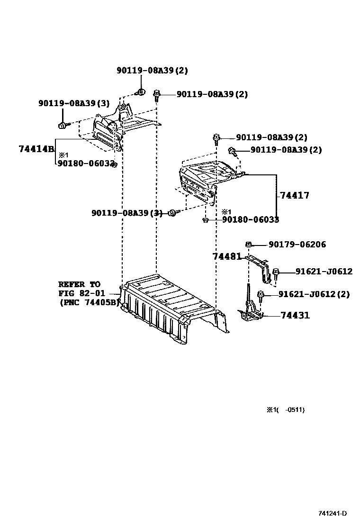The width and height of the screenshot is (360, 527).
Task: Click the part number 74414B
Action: pyautogui.click(x=36, y=148)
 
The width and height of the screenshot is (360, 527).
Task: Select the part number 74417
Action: pyautogui.click(x=294, y=195)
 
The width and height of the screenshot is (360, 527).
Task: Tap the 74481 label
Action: pyautogui.click(x=227, y=256)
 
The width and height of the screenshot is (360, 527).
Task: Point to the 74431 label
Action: pyautogui.click(x=295, y=315)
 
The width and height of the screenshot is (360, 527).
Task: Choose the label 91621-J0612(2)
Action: pyautogui.click(x=314, y=294)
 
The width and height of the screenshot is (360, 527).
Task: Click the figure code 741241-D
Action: pyautogui.click(x=333, y=513)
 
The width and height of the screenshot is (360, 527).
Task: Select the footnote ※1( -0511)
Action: pyautogui.click(x=285, y=410)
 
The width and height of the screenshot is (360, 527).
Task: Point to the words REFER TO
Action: pyautogui.click(x=79, y=284)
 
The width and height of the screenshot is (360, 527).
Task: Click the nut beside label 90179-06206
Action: pyautogui.click(x=248, y=245)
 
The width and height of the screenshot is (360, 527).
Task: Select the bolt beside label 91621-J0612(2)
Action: pyautogui.click(x=260, y=295)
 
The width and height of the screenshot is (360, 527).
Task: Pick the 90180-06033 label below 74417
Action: pyautogui.click(x=251, y=219)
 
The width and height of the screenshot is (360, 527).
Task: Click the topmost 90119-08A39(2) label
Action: pyautogui.click(x=152, y=71)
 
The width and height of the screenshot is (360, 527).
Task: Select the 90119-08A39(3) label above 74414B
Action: pyautogui.click(x=74, y=103)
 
